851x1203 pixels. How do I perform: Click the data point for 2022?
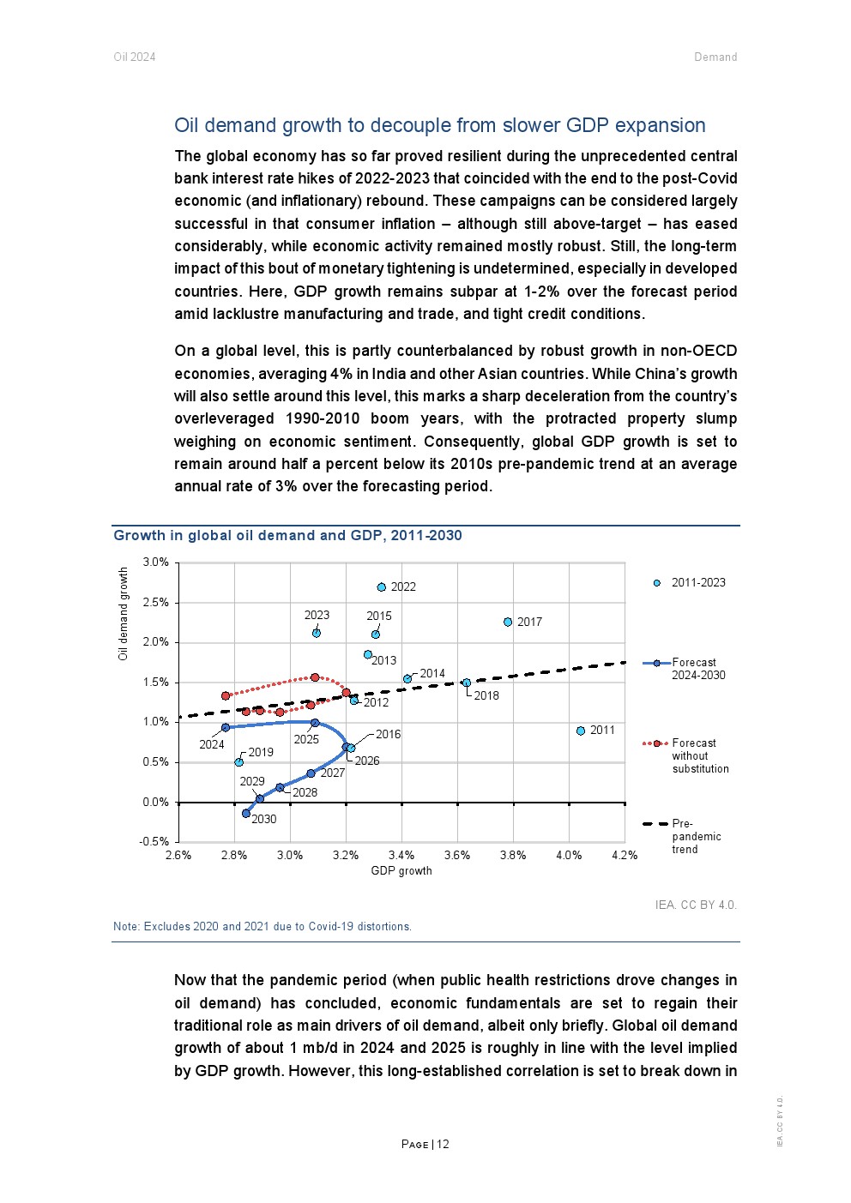click(382, 587)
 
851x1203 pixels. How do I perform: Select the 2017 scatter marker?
click(508, 623)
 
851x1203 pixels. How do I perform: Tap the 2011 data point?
click(581, 731)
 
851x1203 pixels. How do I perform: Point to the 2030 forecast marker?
click(246, 813)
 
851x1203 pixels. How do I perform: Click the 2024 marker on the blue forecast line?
click(226, 727)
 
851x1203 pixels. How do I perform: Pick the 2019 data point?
click(239, 762)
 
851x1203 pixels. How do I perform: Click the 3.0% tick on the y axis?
click(156, 562)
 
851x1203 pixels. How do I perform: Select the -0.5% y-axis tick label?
click(154, 842)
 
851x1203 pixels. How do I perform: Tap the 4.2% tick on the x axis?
click(625, 856)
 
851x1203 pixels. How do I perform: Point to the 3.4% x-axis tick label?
click(401, 856)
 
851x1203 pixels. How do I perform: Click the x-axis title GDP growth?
click(401, 871)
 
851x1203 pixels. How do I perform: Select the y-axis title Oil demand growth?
click(124, 614)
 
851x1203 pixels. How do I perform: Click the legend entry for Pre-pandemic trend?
click(684, 836)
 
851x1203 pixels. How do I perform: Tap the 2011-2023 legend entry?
click(691, 583)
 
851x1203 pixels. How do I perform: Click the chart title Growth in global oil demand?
click(287, 536)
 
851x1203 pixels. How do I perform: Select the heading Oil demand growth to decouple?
click(439, 125)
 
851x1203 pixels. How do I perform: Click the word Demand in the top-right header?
click(715, 57)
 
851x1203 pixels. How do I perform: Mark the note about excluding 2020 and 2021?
click(263, 927)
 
